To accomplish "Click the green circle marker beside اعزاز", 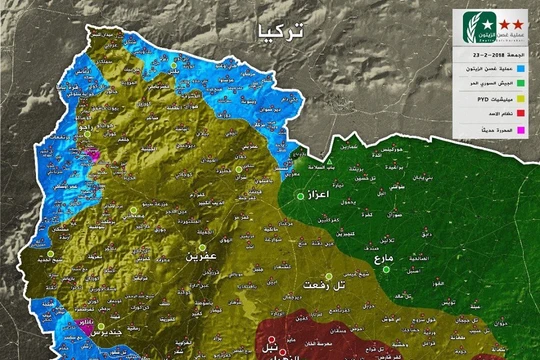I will click(x=298, y=197).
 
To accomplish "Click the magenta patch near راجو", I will click(x=93, y=155).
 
